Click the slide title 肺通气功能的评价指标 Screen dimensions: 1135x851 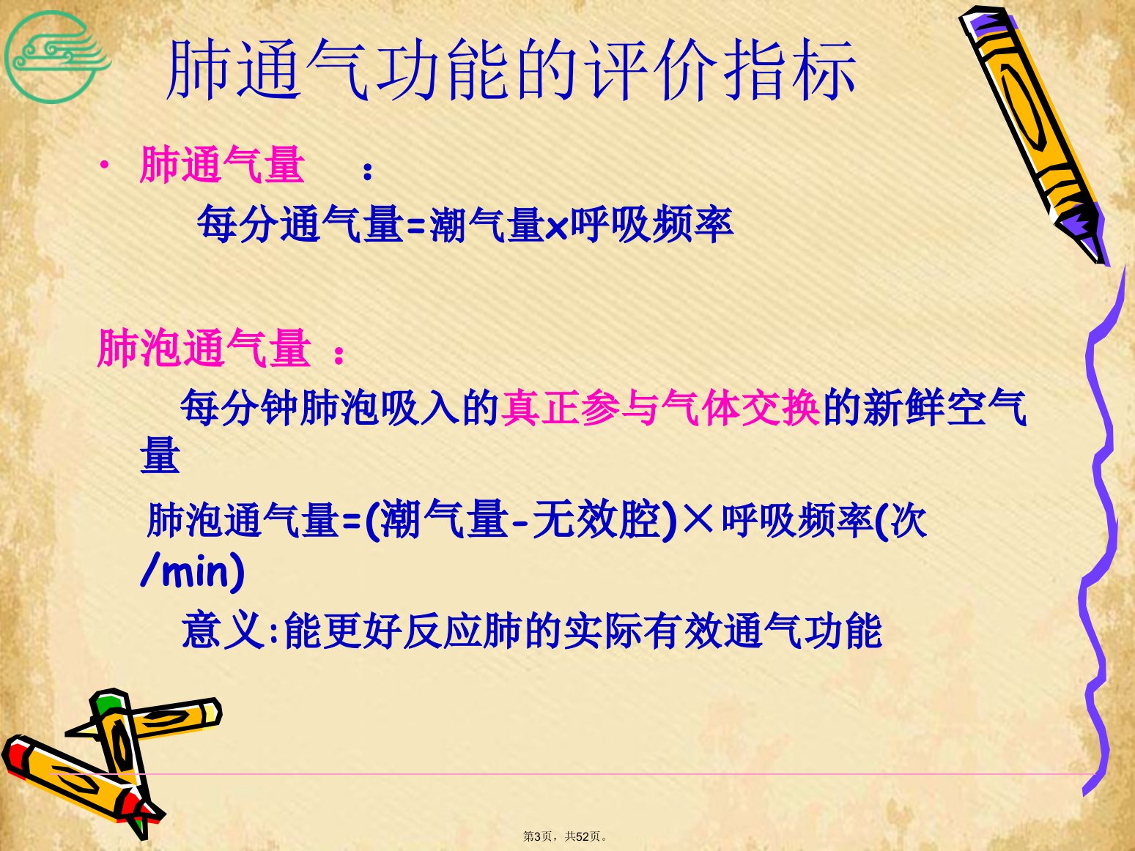coord(511,70)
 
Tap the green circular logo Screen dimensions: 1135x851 coord(52,57)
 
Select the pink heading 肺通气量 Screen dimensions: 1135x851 coord(222,164)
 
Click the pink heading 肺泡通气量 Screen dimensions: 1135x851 coord(204,347)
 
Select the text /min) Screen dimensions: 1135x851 coord(193,571)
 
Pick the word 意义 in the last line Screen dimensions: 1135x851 coord(223,631)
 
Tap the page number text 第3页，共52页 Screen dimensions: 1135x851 coord(565,836)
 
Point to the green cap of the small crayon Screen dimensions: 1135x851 coord(107,701)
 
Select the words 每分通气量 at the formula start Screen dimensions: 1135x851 coord(300,223)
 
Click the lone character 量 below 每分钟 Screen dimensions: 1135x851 coord(160,455)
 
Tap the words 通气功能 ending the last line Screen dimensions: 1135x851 coord(802,631)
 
